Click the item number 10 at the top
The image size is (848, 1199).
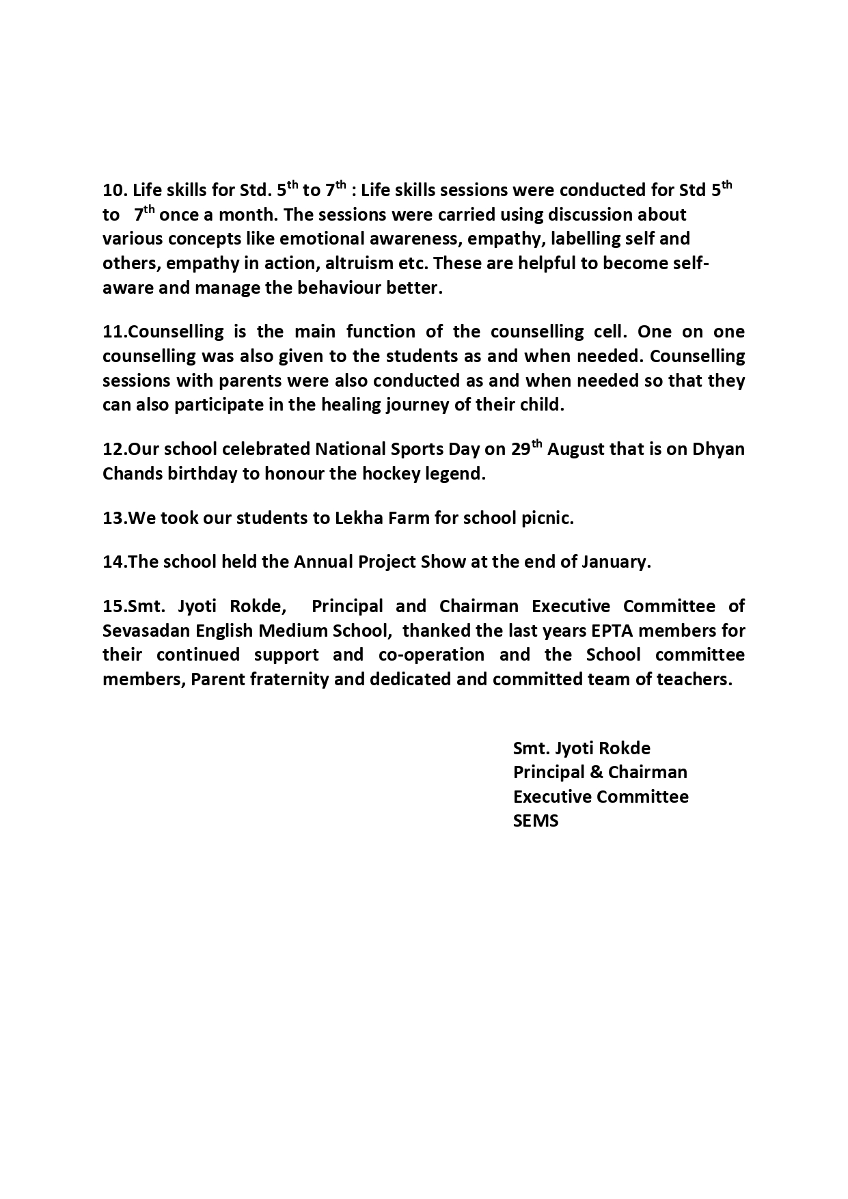pos(113,190)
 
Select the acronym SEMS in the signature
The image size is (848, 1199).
pos(536,821)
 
